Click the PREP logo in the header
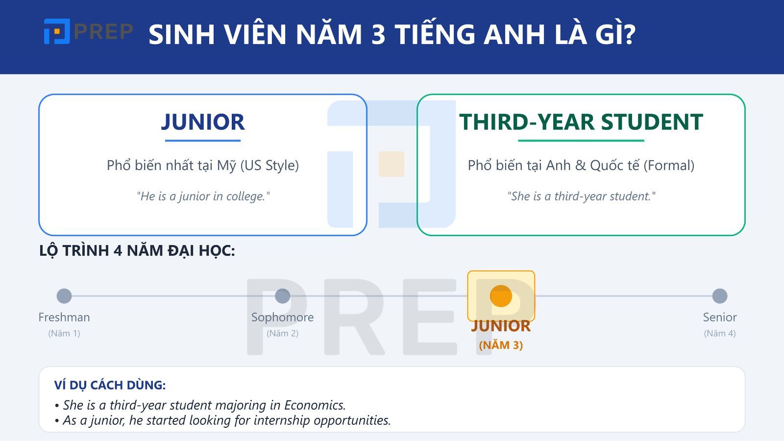pos(88,32)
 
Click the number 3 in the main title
pos(378,34)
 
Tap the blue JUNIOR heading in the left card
pos(203,122)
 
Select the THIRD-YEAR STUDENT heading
pos(581,122)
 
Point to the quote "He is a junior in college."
pos(203,196)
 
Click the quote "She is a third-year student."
pos(581,196)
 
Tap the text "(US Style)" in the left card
pos(269,165)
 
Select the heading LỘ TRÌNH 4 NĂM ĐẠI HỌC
pos(137,250)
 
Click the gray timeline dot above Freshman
pos(64,296)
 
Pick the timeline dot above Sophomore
pos(283,296)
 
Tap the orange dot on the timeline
pos(501,296)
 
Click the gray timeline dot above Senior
pos(720,296)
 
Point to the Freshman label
pos(64,317)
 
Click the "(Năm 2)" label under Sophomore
pos(283,333)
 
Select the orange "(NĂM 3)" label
pos(501,345)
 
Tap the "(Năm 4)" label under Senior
pos(720,333)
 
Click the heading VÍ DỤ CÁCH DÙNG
pos(110,385)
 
